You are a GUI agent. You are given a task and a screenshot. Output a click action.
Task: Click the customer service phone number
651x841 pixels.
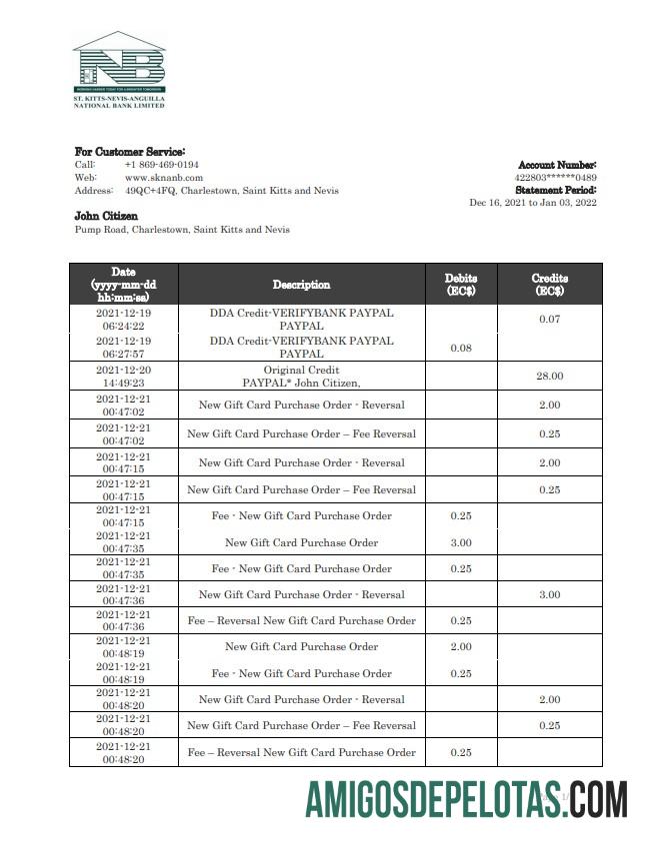[x=161, y=164]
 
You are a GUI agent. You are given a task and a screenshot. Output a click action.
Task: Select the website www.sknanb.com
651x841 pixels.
[x=163, y=177]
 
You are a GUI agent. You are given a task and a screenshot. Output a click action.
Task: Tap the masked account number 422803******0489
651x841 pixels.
[x=555, y=177]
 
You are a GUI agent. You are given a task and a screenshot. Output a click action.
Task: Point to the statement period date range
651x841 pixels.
[x=533, y=202]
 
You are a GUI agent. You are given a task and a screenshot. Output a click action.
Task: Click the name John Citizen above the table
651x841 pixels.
[x=106, y=216]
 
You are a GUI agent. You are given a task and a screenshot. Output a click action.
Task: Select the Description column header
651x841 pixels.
[x=301, y=285]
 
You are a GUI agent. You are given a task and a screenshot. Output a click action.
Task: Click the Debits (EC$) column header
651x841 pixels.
[x=460, y=285]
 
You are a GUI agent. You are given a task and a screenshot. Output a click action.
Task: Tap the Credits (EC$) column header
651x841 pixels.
[x=549, y=285]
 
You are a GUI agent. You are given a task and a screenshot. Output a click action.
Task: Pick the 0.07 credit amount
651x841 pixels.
[x=549, y=320]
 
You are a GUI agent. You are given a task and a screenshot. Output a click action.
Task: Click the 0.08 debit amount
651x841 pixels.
[x=460, y=348]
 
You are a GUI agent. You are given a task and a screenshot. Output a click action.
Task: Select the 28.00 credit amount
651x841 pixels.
[x=549, y=376]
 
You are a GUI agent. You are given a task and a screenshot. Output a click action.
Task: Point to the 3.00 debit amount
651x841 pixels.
[x=460, y=542]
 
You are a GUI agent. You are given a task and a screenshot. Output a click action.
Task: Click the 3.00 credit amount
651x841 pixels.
[x=549, y=595]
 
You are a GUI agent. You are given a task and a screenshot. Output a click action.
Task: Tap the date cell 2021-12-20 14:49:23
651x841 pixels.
[x=123, y=376]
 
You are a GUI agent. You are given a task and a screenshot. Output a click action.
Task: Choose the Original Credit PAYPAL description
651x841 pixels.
[x=301, y=376]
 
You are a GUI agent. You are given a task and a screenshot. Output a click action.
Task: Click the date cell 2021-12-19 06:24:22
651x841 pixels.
[x=123, y=319]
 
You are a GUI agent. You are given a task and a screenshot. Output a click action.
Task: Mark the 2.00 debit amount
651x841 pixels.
[x=460, y=647]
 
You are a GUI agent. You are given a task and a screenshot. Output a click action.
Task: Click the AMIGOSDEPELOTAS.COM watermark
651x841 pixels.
[x=466, y=800]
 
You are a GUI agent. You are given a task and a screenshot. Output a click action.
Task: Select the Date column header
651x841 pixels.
[x=123, y=285]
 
